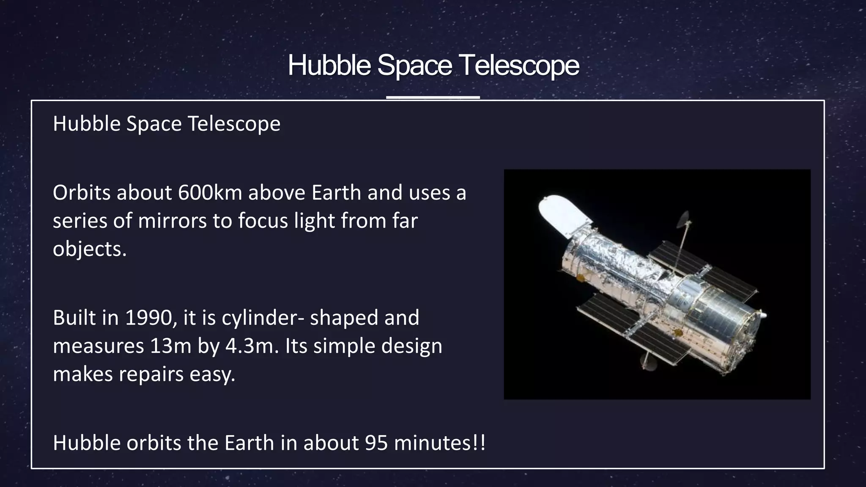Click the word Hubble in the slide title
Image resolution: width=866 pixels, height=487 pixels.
pos(329,66)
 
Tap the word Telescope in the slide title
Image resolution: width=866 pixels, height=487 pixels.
pos(519,66)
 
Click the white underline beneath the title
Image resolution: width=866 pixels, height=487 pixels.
pos(433,97)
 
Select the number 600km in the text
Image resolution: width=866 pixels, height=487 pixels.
pos(210,193)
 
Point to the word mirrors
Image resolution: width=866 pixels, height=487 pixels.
pos(172,221)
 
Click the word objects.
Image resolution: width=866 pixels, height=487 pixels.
pos(89,249)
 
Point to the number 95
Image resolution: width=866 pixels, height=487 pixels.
pos(376,443)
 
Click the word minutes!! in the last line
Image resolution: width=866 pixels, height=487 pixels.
pos(439,443)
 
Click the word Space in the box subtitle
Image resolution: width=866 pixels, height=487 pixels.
pos(154,124)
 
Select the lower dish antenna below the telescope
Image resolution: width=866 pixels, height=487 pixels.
pos(647,361)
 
